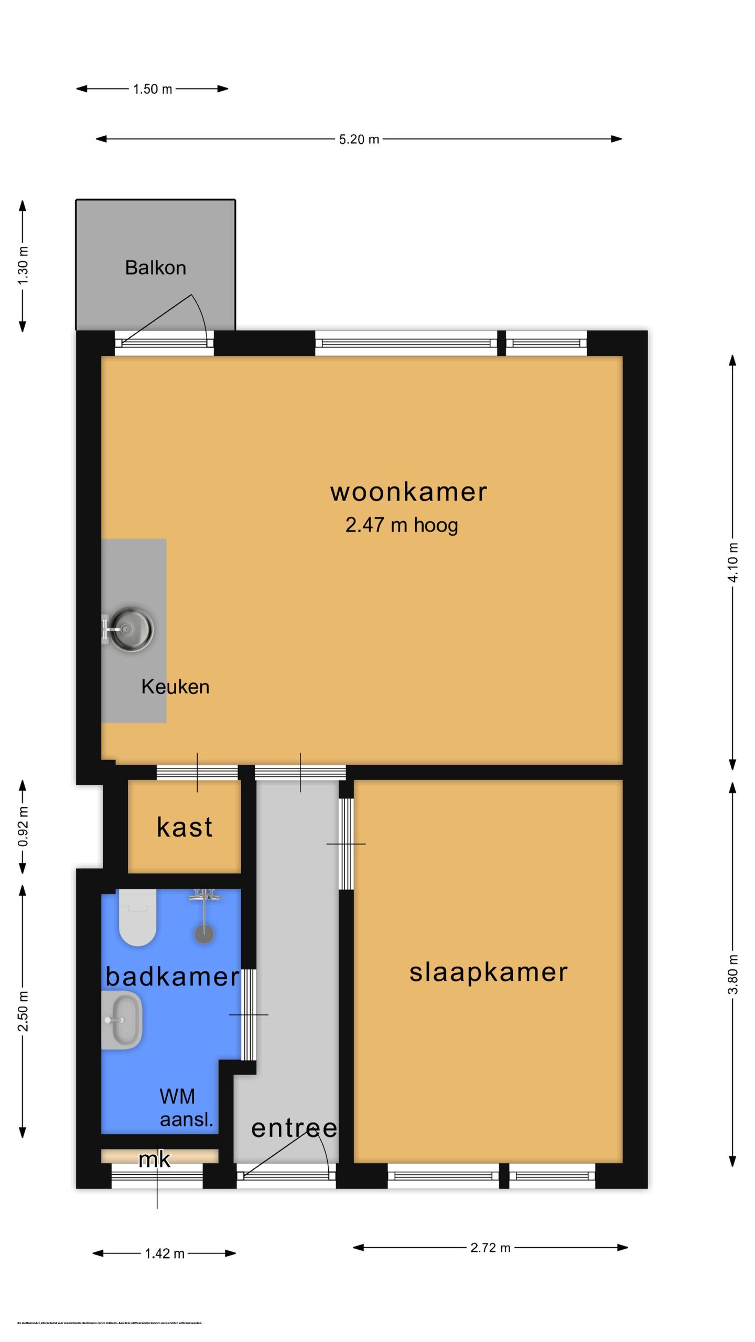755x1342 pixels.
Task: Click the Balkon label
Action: [x=155, y=268]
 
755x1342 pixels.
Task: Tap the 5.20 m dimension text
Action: [x=359, y=139]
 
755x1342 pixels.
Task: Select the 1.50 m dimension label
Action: [x=153, y=89]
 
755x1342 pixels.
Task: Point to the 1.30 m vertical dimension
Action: [x=23, y=265]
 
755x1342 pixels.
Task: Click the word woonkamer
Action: [x=408, y=492]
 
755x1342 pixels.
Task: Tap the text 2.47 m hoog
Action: [x=401, y=525]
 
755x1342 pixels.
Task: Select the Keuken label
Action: [x=175, y=687]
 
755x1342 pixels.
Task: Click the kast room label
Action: [x=185, y=827]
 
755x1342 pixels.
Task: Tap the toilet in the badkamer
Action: [x=137, y=918]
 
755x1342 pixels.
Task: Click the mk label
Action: [x=154, y=1160]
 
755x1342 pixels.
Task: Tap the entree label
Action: [x=294, y=1128]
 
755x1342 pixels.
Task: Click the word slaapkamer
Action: [x=488, y=972]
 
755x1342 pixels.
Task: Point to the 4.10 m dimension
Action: [x=733, y=562]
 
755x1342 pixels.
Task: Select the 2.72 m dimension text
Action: [x=490, y=1248]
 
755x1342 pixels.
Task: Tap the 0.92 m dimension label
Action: [x=23, y=827]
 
